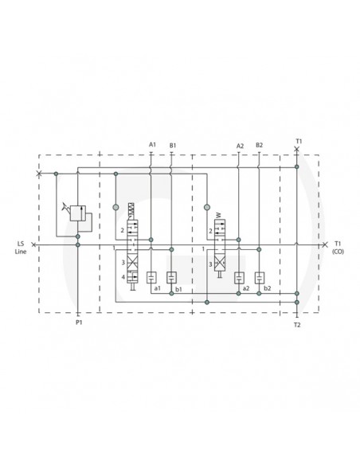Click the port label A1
point(151,144)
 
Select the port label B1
point(172,144)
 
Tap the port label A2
point(240,145)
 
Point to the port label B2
point(260,145)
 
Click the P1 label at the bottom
point(78,324)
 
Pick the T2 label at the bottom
point(296,325)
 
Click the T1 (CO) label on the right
point(338,247)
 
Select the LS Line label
point(21,247)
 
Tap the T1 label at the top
point(297,141)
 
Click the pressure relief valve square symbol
point(76,213)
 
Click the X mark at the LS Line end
point(33,244)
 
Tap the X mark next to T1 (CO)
point(323,244)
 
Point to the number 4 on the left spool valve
point(123,276)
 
